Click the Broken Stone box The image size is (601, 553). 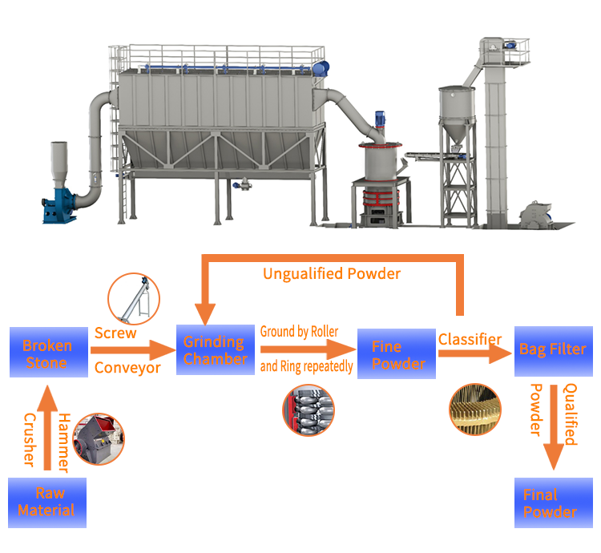[x=47, y=353]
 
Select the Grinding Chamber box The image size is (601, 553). [x=215, y=351]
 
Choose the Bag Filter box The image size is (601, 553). [x=552, y=349]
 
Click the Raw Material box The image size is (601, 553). [x=46, y=502]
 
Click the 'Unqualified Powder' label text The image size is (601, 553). [x=332, y=274]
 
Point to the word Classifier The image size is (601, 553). [x=470, y=339]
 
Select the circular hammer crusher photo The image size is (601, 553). [x=99, y=438]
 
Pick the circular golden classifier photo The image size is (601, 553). [x=474, y=409]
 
